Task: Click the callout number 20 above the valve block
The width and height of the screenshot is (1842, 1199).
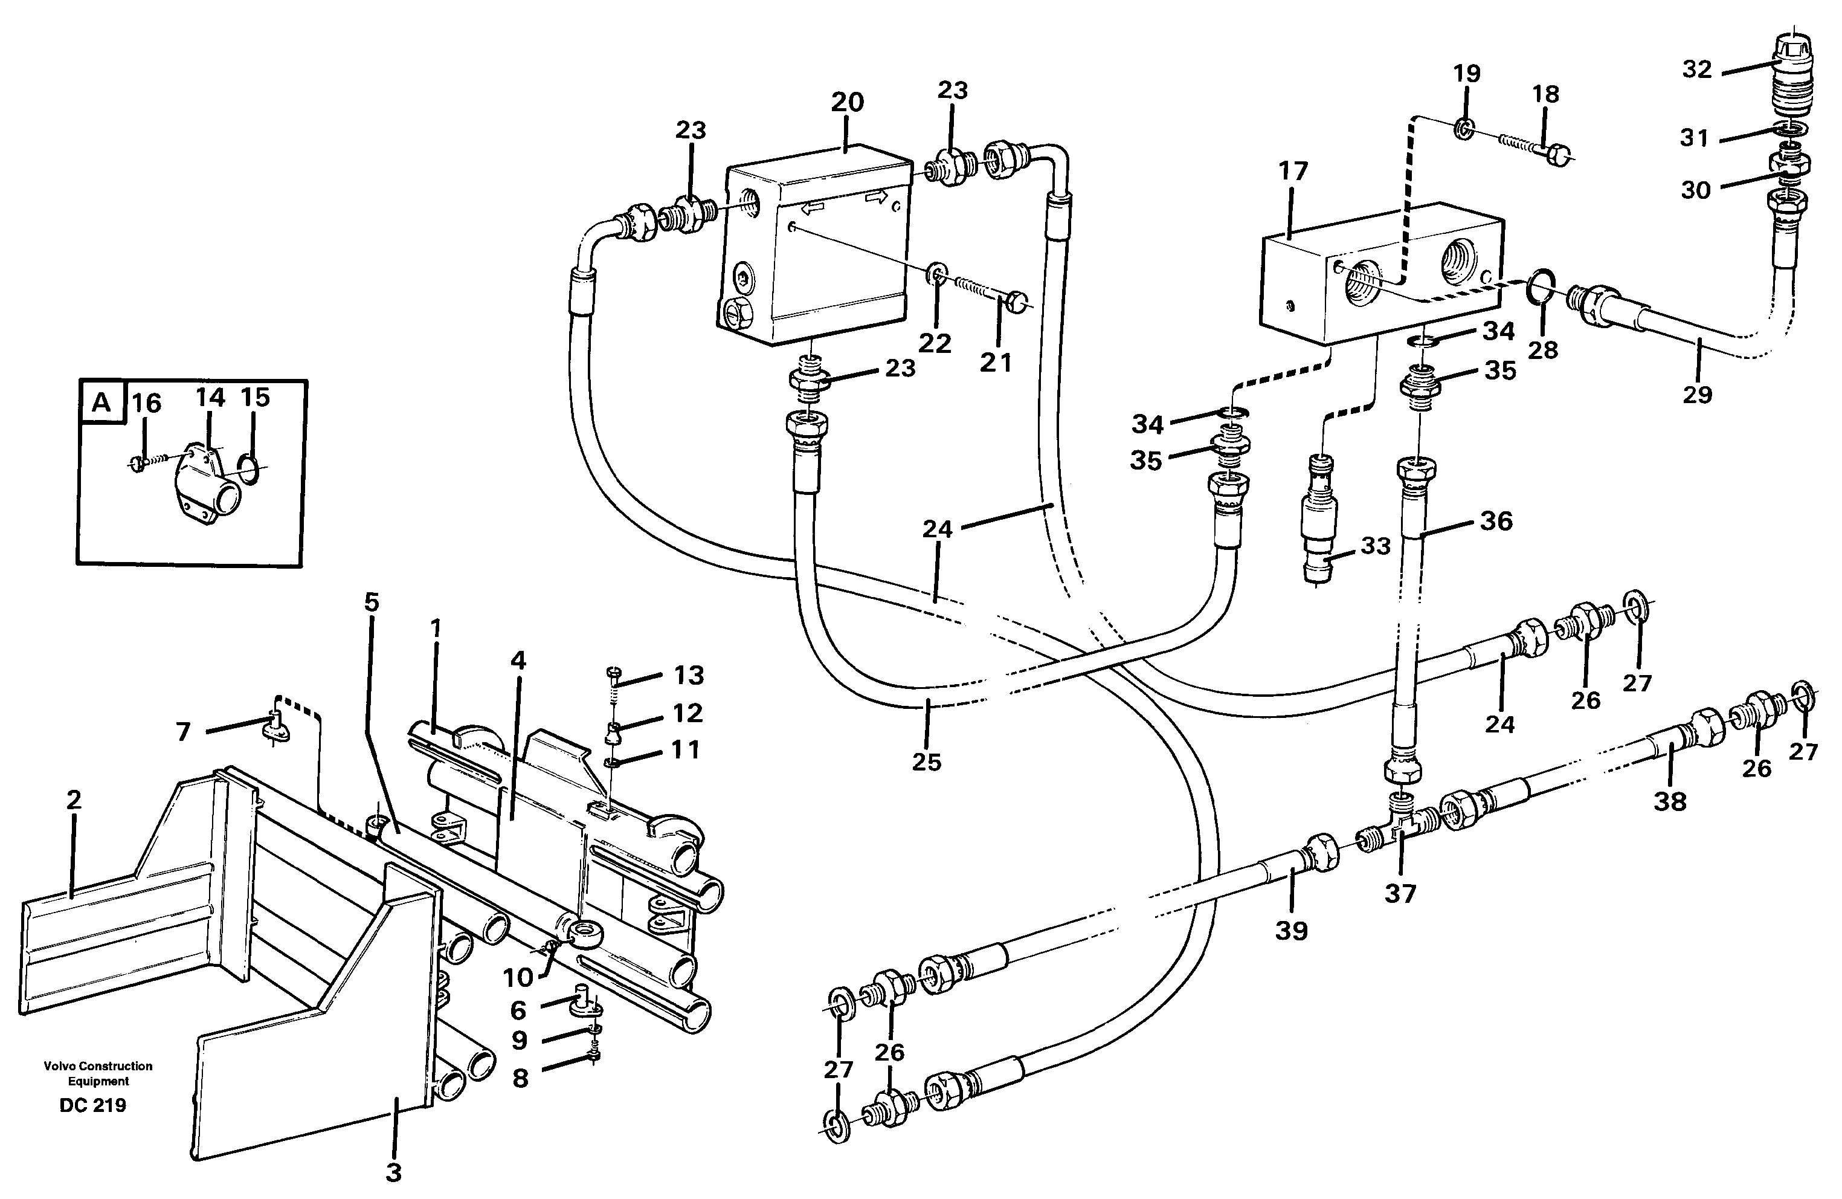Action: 847,102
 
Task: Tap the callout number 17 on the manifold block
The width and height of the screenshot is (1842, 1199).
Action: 1292,170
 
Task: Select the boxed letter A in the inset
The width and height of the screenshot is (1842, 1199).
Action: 101,402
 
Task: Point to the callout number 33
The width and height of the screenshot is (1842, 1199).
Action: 1376,546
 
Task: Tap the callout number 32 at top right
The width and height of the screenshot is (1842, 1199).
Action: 1696,69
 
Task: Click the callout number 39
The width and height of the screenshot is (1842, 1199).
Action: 1291,931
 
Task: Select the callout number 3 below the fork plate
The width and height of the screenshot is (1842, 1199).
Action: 393,1174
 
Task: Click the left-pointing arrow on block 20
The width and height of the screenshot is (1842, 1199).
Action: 811,207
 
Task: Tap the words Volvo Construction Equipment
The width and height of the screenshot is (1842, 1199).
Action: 97,1074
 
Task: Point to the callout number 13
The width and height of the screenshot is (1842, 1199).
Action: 688,675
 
